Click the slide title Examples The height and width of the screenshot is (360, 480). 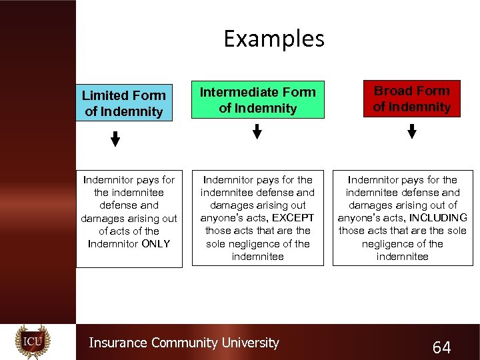coord(274,39)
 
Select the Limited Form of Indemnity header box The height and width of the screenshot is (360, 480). coord(124,103)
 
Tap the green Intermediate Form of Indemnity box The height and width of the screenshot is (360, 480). coord(257,100)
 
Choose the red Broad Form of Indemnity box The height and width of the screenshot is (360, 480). coord(411,99)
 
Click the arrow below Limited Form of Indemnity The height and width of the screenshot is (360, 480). coord(115,139)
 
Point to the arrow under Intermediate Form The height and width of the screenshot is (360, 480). coord(257,132)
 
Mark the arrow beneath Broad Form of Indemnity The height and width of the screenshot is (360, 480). coord(411,131)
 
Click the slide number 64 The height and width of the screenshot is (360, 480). coord(441,347)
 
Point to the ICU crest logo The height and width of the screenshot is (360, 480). coord(33,342)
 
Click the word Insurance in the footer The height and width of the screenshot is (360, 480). coord(118,343)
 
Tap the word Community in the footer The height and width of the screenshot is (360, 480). coord(185,343)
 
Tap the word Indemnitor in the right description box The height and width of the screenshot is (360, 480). coord(374,180)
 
